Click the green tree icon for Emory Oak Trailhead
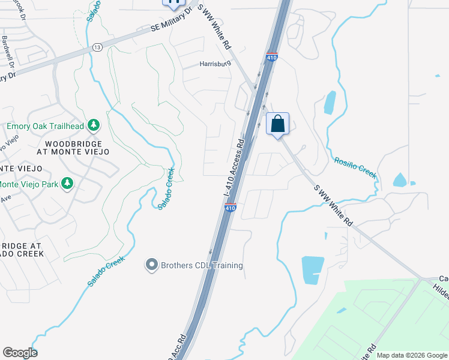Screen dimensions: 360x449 click(x=93, y=125)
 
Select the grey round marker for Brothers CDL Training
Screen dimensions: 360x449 click(x=152, y=265)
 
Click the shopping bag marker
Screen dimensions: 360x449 click(x=277, y=124)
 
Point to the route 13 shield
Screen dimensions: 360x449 click(x=97, y=47)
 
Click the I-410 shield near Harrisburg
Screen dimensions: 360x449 click(x=271, y=58)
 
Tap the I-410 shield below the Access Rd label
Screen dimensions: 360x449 click(x=231, y=208)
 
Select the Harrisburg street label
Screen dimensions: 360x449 click(x=215, y=64)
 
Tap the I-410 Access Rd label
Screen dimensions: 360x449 click(x=234, y=169)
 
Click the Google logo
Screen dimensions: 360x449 click(x=20, y=353)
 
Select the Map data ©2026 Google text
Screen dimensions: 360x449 click(x=411, y=355)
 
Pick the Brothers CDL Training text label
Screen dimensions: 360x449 click(x=202, y=265)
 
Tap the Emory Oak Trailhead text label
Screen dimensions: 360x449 click(x=45, y=126)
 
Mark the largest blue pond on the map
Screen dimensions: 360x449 click(x=312, y=269)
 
